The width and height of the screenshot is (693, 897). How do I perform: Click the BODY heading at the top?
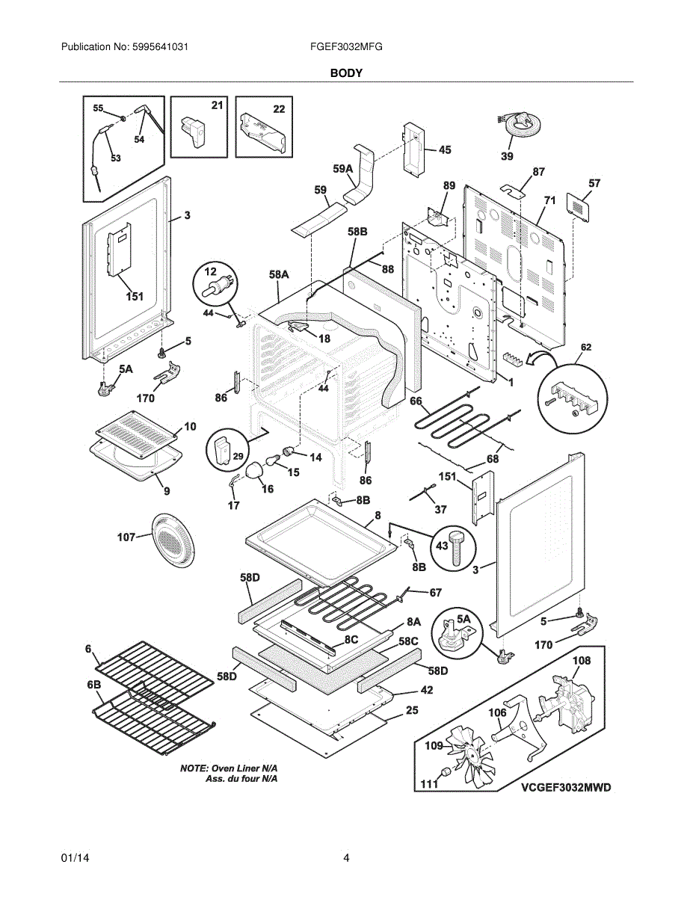[346, 73]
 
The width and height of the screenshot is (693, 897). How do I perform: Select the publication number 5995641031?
[160, 47]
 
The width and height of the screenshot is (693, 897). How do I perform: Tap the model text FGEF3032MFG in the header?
[346, 47]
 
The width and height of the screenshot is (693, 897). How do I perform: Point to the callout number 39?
[508, 156]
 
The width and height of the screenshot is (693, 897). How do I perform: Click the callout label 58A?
[279, 274]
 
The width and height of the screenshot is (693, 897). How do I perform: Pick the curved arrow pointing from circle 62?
[545, 357]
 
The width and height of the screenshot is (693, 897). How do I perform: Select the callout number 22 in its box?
[279, 109]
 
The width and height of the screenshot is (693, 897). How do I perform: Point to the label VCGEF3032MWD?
[566, 788]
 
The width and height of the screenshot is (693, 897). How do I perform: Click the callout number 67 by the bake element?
[436, 593]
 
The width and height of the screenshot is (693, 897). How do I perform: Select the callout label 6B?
[94, 685]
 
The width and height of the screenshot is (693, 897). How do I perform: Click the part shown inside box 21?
[193, 132]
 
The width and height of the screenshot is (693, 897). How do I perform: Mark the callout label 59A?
[343, 168]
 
